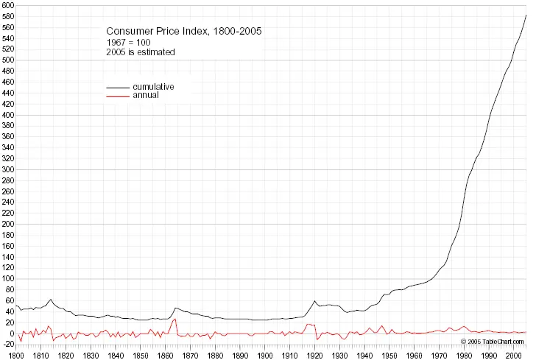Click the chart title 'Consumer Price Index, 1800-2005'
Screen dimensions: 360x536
click(183, 31)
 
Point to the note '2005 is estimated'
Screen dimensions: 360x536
click(141, 52)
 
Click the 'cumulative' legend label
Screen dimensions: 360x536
click(153, 87)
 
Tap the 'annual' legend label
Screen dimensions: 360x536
click(146, 96)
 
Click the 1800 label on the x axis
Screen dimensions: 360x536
click(16, 355)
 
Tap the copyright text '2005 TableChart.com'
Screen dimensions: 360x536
click(493, 342)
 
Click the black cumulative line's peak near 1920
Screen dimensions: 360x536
click(315, 300)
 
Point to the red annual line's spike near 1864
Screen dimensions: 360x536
click(175, 319)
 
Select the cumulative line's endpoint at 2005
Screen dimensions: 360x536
click(526, 14)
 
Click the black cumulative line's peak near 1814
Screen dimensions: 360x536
click(51, 299)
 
